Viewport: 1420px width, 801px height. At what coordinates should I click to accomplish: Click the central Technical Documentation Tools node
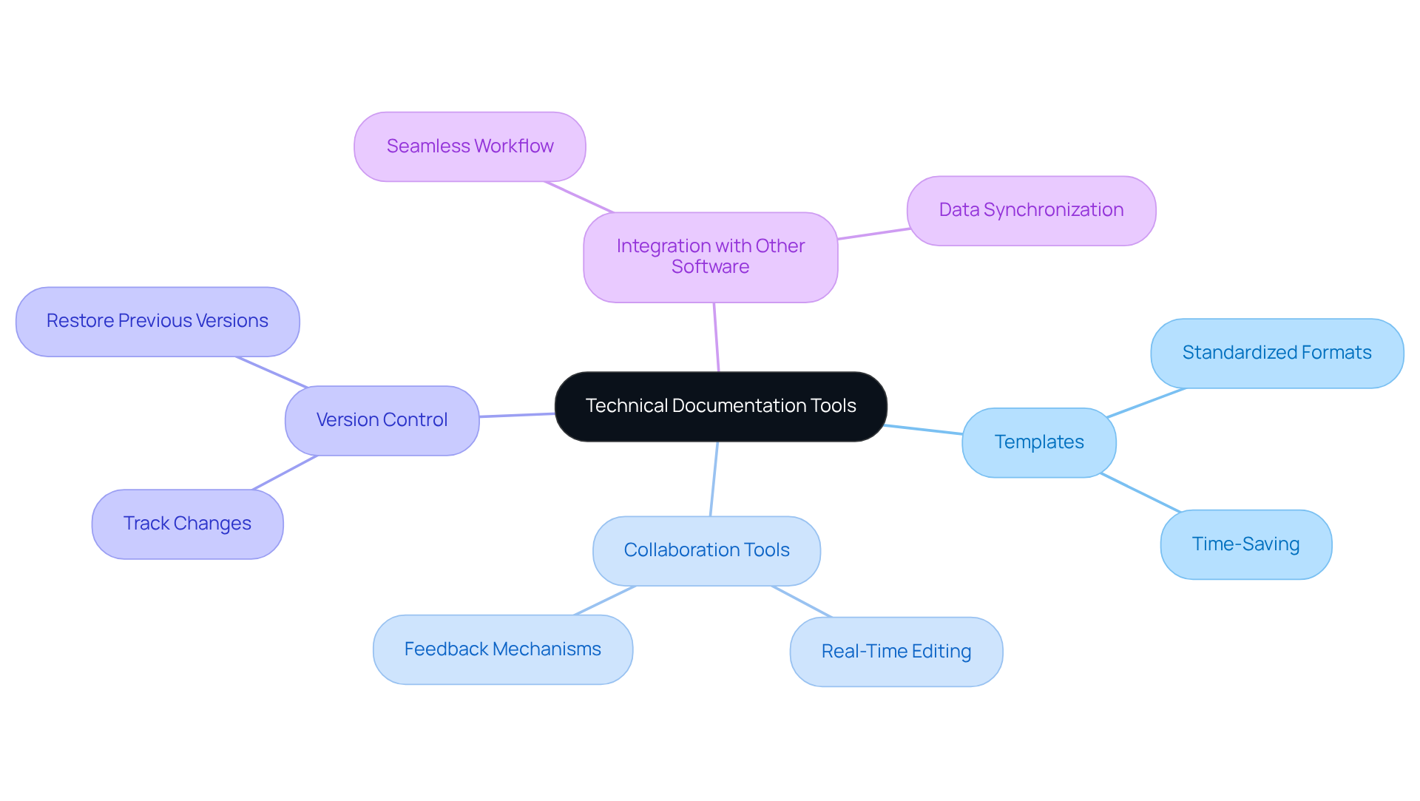(x=720, y=406)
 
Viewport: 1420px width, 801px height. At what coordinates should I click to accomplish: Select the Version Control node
(x=382, y=420)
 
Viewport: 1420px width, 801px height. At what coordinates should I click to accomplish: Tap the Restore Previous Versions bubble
(x=158, y=321)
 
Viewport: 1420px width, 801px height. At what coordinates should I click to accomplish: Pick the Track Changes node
(x=187, y=524)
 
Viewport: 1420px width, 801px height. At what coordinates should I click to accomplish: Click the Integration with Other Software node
(x=710, y=257)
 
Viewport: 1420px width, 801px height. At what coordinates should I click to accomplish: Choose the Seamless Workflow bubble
(x=470, y=146)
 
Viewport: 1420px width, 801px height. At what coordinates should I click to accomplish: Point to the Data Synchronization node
(x=1031, y=210)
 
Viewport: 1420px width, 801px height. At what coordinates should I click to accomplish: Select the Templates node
(x=1038, y=442)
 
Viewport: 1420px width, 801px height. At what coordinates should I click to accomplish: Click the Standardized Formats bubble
(x=1277, y=353)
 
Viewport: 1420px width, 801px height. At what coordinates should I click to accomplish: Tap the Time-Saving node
(x=1245, y=544)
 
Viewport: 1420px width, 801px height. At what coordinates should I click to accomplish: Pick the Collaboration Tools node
(x=706, y=550)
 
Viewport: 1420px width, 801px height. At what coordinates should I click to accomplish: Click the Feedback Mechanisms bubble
(x=502, y=649)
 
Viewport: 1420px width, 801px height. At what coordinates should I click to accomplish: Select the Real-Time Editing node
(x=896, y=652)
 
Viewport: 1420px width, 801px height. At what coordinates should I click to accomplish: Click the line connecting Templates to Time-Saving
(x=1140, y=493)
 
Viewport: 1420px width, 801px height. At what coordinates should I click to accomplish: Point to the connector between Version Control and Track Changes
(x=285, y=473)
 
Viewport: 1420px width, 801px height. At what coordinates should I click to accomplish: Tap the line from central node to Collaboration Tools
(x=714, y=479)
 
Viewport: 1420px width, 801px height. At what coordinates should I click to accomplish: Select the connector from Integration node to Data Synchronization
(x=873, y=234)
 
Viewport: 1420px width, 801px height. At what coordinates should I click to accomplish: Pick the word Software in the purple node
(x=710, y=267)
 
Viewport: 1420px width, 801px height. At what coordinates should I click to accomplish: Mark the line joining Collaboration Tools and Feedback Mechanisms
(x=604, y=601)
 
